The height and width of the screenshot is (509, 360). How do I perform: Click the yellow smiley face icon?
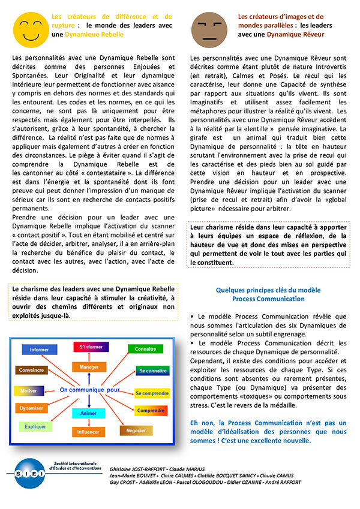click(x=30, y=29)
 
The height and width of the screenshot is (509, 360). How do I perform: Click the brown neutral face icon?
click(x=207, y=28)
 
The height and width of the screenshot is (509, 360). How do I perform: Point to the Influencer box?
click(x=88, y=432)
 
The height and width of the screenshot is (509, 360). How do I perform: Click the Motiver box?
click(x=29, y=390)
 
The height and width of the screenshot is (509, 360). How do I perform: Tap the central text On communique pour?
click(x=89, y=390)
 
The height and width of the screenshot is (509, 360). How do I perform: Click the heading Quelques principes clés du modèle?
click(x=268, y=290)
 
